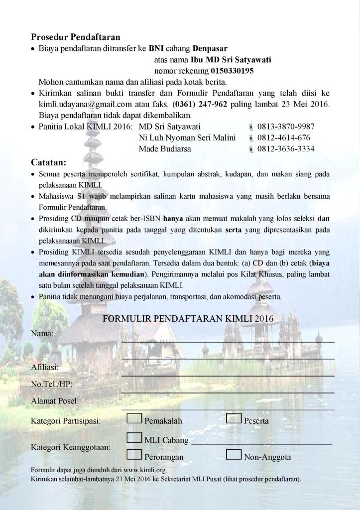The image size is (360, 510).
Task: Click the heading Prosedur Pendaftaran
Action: coord(76,37)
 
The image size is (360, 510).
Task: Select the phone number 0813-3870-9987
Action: coord(286,127)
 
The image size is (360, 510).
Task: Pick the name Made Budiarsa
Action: coord(165,148)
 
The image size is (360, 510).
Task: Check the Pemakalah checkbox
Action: coord(134,419)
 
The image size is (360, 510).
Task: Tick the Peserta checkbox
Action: coord(234,419)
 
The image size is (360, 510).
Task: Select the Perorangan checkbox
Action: coord(134,455)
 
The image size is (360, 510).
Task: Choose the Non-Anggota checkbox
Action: coord(234,455)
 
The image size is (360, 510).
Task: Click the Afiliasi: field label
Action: coord(45,368)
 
